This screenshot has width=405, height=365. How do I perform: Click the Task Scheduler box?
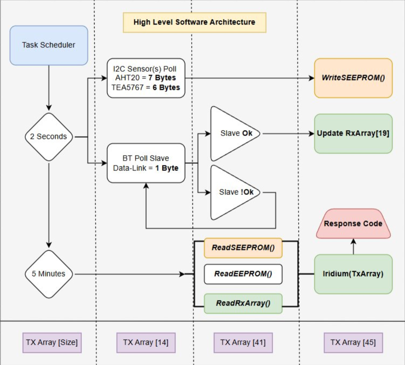click(49, 45)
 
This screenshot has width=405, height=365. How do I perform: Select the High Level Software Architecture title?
click(195, 23)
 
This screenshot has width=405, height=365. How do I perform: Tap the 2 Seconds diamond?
click(49, 137)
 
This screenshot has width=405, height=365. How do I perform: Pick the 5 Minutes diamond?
click(49, 274)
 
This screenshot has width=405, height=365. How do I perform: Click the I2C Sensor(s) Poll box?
click(146, 78)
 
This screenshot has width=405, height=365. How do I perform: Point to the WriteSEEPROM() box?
click(353, 78)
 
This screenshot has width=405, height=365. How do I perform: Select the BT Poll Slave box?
click(146, 163)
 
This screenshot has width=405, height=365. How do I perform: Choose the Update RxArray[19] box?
click(353, 134)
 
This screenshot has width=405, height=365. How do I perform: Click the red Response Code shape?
click(353, 224)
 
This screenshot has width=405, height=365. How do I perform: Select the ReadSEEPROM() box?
click(243, 248)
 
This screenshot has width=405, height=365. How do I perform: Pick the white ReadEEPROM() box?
click(243, 274)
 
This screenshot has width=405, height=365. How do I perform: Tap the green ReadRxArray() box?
click(243, 303)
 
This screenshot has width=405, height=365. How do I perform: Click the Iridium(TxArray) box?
click(353, 274)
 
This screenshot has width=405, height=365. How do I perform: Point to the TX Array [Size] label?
click(52, 342)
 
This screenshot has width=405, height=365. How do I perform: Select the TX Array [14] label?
click(146, 342)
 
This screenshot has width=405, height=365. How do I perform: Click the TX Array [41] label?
click(243, 342)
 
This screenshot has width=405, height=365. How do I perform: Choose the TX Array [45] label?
click(353, 342)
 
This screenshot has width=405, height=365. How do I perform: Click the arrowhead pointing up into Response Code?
click(353, 242)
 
